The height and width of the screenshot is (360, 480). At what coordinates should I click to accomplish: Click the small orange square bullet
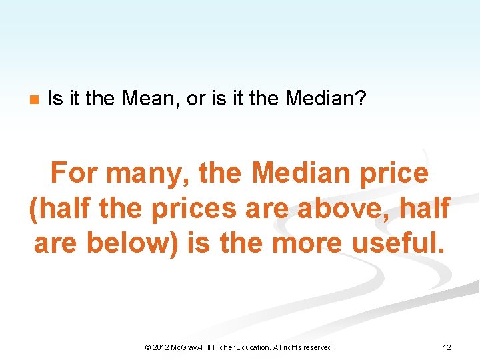[33, 101]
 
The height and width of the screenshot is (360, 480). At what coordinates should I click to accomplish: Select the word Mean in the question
[145, 99]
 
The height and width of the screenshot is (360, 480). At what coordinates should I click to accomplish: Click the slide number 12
[447, 347]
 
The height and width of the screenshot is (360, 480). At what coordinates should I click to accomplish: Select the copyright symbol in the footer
[147, 347]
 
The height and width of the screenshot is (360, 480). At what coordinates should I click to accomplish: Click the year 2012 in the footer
[161, 347]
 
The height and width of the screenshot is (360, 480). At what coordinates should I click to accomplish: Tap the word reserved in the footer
[318, 347]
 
